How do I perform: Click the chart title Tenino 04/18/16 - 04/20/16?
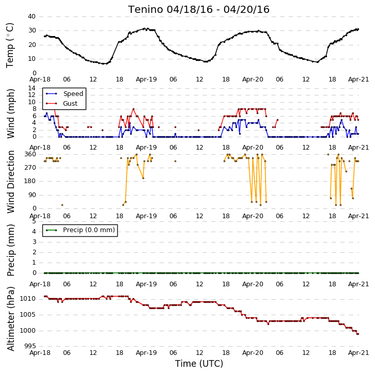click(199, 10)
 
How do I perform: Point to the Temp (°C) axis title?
click(10, 45)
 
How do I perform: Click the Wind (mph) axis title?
click(10, 113)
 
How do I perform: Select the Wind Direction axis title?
click(10, 182)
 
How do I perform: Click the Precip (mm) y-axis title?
click(10, 250)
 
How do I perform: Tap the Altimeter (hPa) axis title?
click(10, 319)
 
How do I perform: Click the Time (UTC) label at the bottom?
click(199, 364)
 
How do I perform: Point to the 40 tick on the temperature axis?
click(32, 17)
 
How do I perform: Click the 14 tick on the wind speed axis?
click(32, 88)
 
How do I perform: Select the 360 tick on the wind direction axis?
click(30, 154)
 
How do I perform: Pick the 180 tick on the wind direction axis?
click(30, 181)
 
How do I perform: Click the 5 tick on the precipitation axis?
click(34, 221)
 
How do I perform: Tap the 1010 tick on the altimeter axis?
click(27, 299)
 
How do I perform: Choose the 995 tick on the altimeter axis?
click(29, 346)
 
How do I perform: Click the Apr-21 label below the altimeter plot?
click(358, 353)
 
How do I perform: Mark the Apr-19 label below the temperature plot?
click(146, 79)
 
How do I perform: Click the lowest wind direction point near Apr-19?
click(143, 178)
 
